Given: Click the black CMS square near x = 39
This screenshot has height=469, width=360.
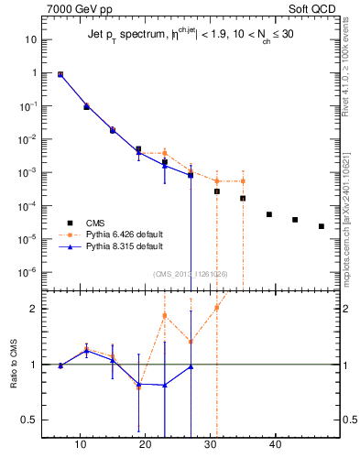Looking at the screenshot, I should [269, 214].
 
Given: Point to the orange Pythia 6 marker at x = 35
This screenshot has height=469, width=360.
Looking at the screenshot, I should [243, 181].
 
